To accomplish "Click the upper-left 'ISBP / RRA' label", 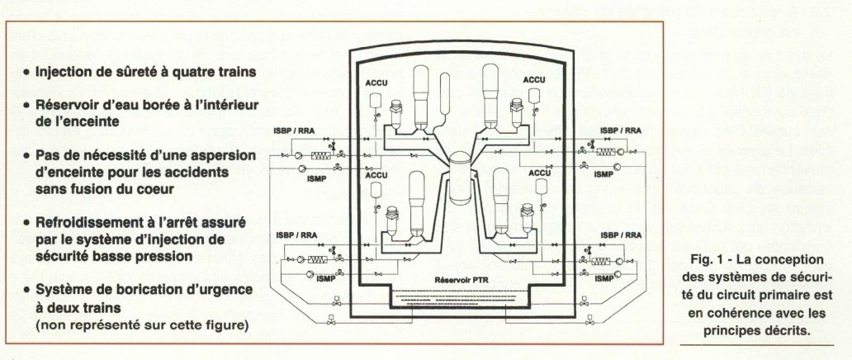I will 295,130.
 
